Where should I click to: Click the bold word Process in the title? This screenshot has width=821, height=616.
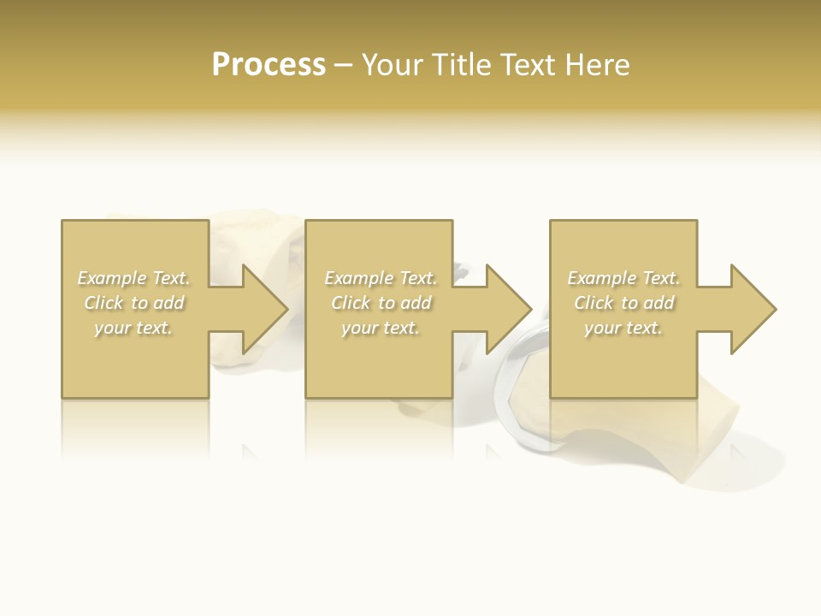[x=269, y=65]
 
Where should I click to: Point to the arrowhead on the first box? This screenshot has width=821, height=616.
[x=261, y=309]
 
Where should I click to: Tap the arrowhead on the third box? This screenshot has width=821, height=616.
[x=750, y=309]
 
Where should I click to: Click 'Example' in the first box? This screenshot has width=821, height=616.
[x=112, y=278]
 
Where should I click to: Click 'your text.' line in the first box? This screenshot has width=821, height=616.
[x=133, y=328]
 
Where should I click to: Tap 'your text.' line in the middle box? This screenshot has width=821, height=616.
[x=380, y=328]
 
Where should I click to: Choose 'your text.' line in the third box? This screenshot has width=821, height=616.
[x=623, y=328]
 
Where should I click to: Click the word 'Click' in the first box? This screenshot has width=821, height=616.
[x=103, y=303]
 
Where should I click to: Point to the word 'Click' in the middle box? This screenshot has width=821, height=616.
[x=351, y=303]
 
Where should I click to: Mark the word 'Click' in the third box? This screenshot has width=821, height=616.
[x=594, y=303]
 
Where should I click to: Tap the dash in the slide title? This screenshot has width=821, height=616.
[x=343, y=66]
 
